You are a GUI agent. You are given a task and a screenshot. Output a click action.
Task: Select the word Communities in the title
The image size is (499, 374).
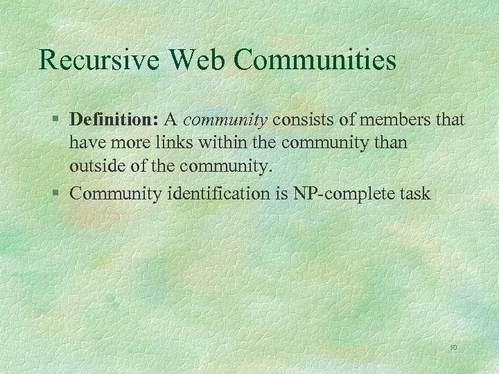(x=315, y=60)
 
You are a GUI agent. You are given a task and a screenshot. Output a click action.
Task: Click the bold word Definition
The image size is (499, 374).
(x=115, y=120)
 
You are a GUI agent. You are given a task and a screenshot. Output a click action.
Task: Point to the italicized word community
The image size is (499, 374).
(x=226, y=120)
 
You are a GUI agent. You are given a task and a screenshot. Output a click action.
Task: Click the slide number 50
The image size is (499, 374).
(x=454, y=347)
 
